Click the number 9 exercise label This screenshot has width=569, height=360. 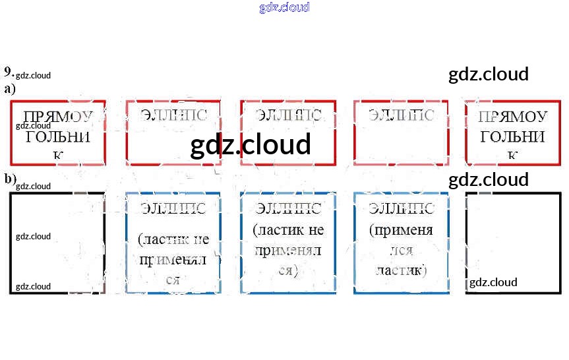pos(8,72)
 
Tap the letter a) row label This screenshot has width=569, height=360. pos(9,88)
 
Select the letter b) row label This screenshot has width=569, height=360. pos(10,179)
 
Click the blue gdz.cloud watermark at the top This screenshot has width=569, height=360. pos(284,7)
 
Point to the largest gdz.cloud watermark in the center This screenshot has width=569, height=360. pos(250,144)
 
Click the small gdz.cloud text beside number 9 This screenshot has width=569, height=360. pos(33,75)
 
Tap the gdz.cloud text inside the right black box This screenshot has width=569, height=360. pos(493,282)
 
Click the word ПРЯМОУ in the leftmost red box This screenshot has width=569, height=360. pos(58,117)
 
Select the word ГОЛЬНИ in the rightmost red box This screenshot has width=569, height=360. pos(512,136)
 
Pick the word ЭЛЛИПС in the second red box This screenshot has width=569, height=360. pos(173,115)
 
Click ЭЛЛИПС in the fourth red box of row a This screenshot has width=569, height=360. pos(401,115)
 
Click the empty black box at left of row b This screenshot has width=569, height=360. pos(57,243)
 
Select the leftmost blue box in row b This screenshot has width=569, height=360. pos(173,243)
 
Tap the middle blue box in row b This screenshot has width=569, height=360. pos(288,243)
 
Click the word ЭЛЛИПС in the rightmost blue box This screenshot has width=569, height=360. pos(401,208)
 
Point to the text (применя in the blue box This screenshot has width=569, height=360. pos(401,230)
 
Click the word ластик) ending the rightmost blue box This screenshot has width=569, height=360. pos(401,270)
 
